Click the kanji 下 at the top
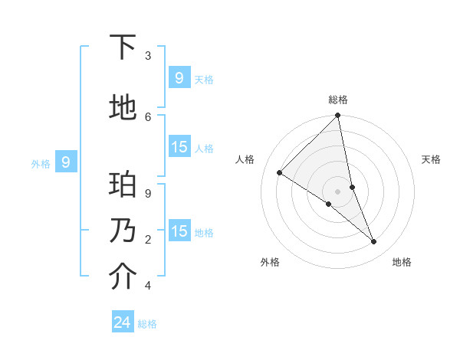coord(123,47)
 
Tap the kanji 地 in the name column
coord(123,108)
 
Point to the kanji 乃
coord(123,231)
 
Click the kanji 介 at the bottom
coord(123,277)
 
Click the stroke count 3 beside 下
coord(148,56)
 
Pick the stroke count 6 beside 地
coord(148,116)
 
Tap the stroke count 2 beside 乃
coord(148,240)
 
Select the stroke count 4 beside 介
coord(148,286)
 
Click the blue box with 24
coord(123,322)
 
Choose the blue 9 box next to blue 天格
coord(179,77)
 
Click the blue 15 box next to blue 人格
coord(179,147)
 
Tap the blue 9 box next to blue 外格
coord(67,162)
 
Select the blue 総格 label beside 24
coord(148,324)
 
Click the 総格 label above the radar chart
coord(338,100)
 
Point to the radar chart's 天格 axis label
coord(432,159)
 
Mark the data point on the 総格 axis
coord(338,116)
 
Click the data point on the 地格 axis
coord(374,241)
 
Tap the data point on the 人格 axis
coord(280,172)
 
